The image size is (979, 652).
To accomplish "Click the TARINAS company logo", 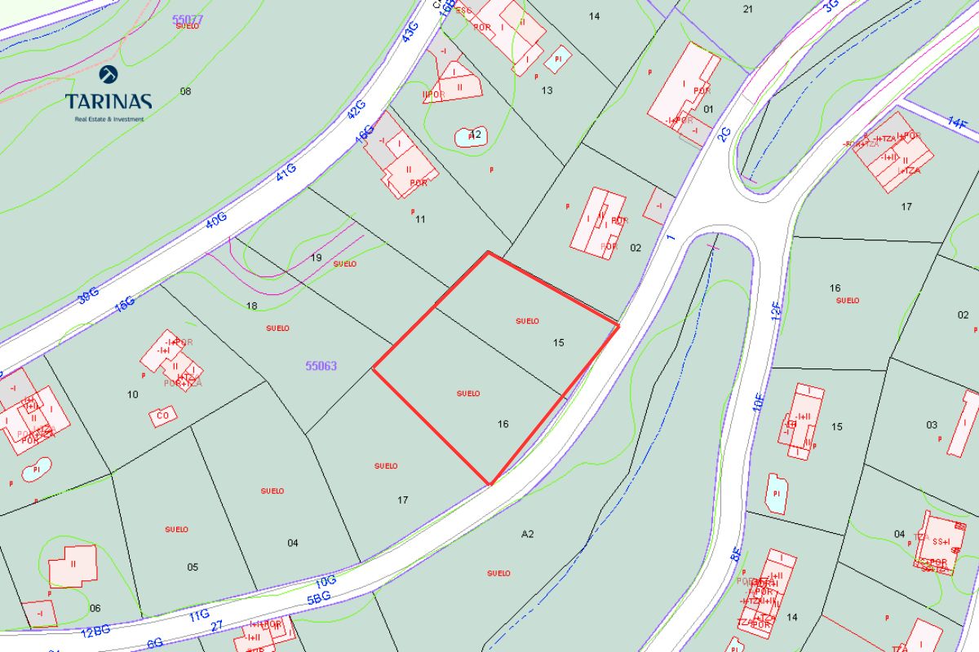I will tap(109, 94).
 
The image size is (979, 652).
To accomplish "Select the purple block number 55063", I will tap(321, 367).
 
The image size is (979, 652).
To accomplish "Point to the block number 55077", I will tap(188, 17).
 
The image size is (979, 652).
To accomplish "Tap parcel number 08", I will tap(185, 91).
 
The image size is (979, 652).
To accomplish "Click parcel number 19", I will tap(317, 258).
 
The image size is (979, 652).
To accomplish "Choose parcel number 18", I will tap(251, 306).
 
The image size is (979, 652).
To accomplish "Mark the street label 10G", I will tap(326, 582).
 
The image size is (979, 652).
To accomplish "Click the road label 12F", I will tap(777, 310).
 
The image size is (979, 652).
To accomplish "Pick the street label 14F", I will tap(957, 123).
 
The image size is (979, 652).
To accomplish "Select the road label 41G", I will tap(285, 172).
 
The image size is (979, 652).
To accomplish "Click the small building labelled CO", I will tap(162, 416).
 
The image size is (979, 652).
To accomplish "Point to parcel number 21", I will tap(748, 9).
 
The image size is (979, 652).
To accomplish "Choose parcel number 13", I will tap(547, 90).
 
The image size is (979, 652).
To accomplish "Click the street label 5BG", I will tap(320, 597).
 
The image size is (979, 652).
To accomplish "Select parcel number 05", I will tap(193, 567).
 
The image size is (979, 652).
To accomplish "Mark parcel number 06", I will tap(95, 608).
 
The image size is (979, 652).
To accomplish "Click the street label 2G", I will tap(724, 134).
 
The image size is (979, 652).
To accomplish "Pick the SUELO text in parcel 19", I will tap(345, 264).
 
